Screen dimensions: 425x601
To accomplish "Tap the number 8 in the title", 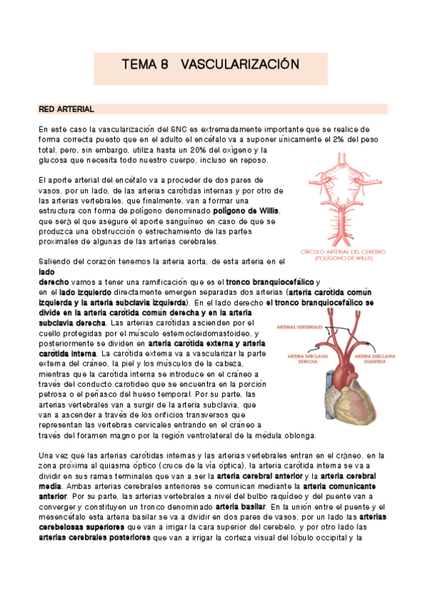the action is pos(164,64).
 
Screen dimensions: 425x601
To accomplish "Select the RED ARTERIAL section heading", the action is pos(66,109).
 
